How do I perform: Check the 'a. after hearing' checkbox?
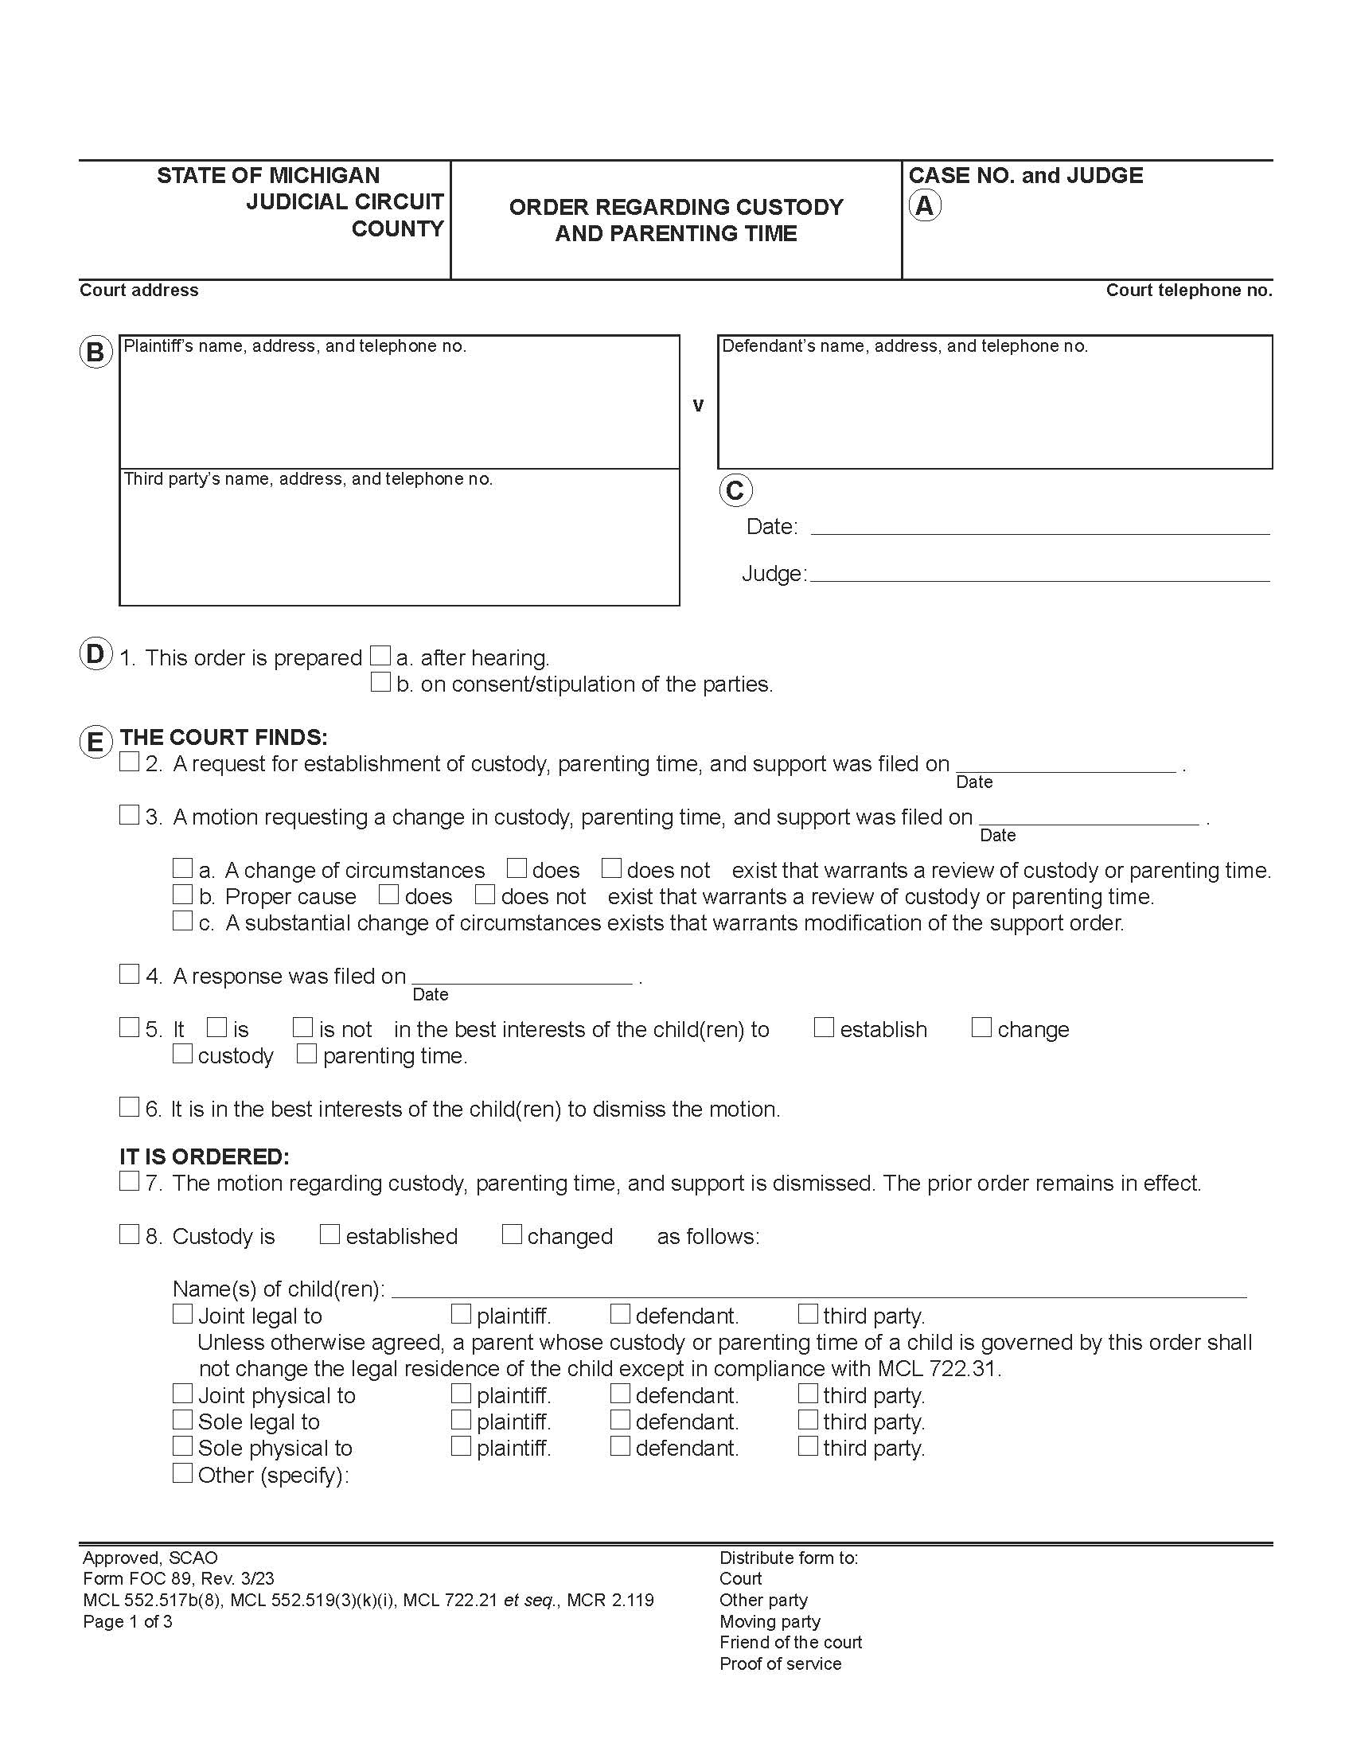click(380, 656)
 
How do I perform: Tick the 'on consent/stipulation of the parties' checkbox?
click(380, 682)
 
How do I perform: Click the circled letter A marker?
click(924, 206)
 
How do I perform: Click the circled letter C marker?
click(735, 489)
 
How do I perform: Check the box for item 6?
click(129, 1107)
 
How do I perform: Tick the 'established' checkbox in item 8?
click(329, 1234)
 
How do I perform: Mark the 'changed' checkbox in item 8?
click(512, 1234)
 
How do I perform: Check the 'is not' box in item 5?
click(302, 1027)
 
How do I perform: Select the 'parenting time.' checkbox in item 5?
click(306, 1054)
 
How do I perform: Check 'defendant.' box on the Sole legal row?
click(619, 1420)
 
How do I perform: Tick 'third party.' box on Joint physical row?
click(808, 1394)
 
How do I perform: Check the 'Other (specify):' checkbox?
click(183, 1472)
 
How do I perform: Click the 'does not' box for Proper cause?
click(484, 894)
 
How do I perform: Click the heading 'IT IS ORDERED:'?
click(205, 1156)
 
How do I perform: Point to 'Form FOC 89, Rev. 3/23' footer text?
click(178, 1578)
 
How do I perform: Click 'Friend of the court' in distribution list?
click(790, 1642)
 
